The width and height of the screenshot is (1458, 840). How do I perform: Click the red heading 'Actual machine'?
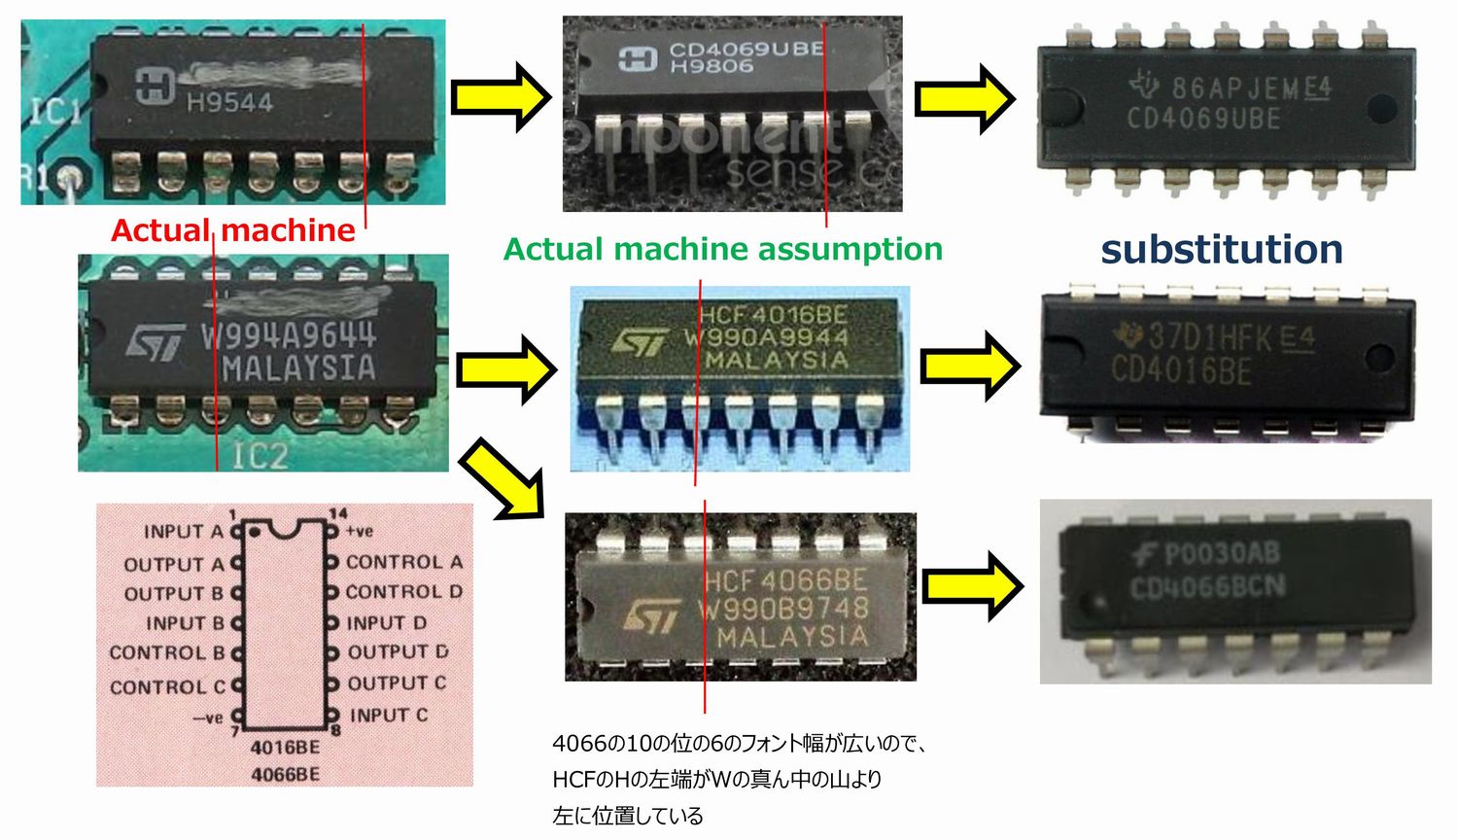[233, 230]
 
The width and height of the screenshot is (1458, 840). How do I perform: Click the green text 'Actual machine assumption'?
[722, 250]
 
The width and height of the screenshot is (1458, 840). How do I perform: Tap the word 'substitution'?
[1221, 250]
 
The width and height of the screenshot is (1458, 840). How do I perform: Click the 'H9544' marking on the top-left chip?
[229, 102]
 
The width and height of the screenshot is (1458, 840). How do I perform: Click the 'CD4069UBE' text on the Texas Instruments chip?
[1203, 119]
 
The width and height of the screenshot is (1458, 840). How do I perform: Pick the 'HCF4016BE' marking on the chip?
[773, 315]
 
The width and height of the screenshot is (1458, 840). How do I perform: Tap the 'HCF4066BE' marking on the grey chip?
[785, 580]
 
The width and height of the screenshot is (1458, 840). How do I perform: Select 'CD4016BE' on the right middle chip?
[1181, 370]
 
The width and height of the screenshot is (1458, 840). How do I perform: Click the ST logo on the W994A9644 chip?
[156, 342]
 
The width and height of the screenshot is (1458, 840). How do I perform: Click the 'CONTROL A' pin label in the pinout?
[403, 562]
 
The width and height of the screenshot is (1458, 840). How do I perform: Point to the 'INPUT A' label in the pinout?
[183, 532]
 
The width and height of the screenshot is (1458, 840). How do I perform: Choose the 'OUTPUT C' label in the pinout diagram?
[397, 683]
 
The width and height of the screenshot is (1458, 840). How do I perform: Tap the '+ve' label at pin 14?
[360, 531]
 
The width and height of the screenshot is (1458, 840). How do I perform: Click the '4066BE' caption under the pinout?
[285, 774]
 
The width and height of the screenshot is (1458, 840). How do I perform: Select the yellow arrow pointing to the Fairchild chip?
[972, 584]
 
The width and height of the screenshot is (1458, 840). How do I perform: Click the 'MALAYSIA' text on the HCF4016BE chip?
[777, 360]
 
